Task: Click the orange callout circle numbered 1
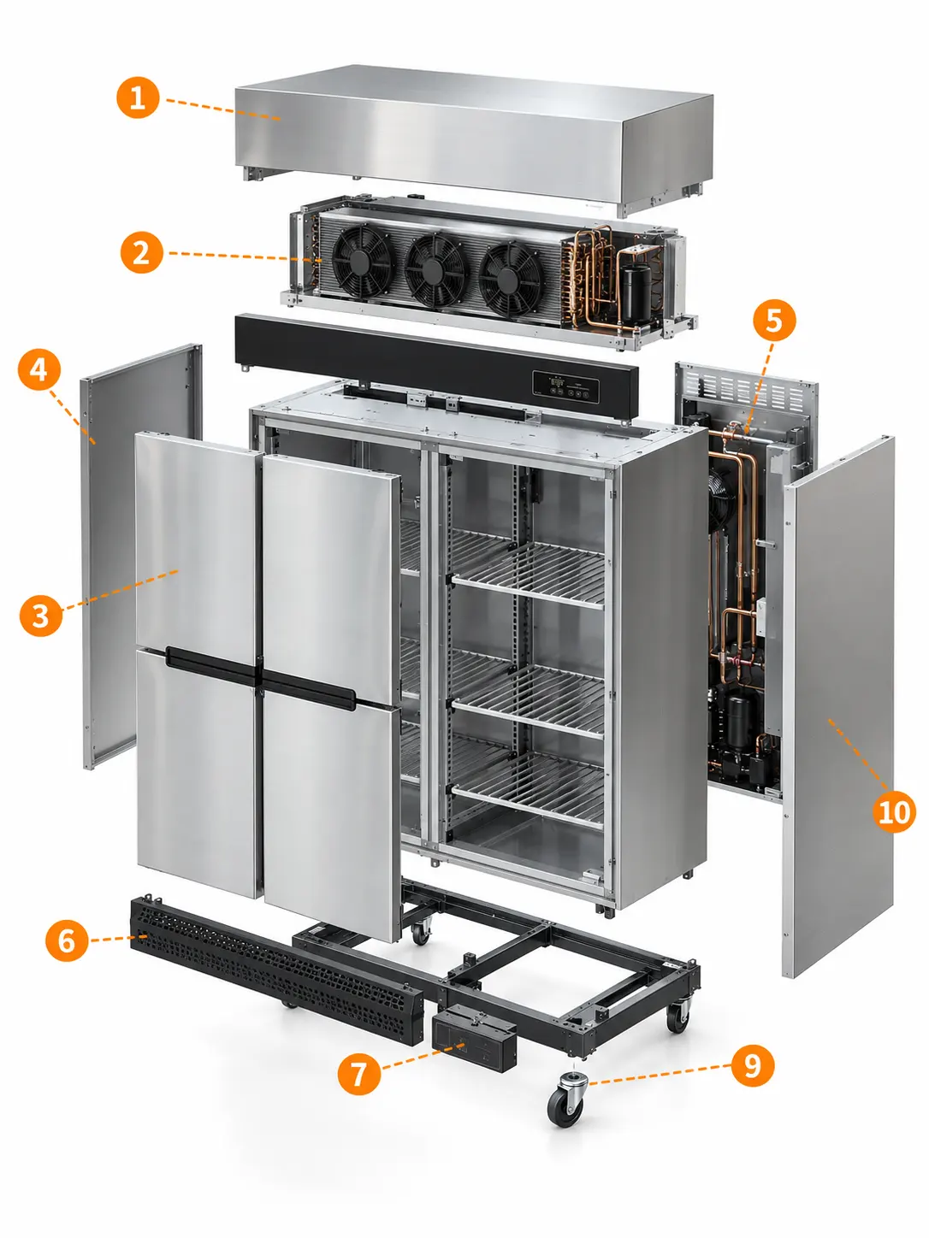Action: point(137,97)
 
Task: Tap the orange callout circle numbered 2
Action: point(142,252)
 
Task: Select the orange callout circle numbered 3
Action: point(40,616)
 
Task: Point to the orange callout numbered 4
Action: point(38,369)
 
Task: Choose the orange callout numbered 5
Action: point(774,320)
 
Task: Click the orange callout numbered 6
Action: point(67,940)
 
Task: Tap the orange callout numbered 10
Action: point(894,811)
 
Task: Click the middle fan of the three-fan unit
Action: point(435,269)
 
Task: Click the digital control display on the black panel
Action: point(565,386)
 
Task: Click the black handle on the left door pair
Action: point(213,665)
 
